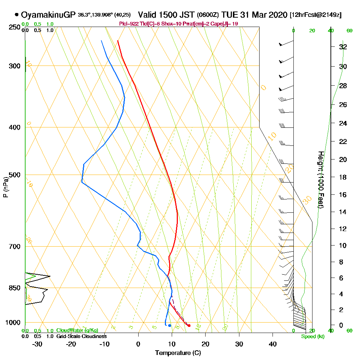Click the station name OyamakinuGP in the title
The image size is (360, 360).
pos(48,15)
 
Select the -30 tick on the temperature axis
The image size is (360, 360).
pos(37,344)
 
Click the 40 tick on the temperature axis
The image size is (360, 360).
pos(273,344)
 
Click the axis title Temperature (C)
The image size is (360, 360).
pos(178,353)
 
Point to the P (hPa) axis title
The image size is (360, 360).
pos(5,187)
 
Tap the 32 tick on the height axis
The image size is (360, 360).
pos(343,47)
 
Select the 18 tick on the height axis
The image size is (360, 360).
pos(343,177)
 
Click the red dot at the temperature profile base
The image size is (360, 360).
pos(189,326)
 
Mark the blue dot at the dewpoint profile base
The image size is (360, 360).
pos(170,325)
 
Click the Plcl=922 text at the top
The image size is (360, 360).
pos(129,24)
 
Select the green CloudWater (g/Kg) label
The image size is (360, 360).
pos(77,330)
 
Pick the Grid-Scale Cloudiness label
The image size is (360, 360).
pos(81,336)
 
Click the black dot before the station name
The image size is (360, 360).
pos(17,15)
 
